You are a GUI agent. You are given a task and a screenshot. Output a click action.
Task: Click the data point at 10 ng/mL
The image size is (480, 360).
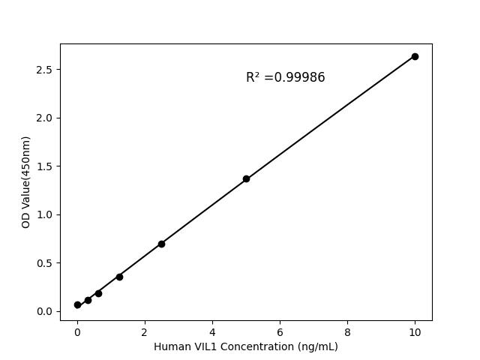click(415, 56)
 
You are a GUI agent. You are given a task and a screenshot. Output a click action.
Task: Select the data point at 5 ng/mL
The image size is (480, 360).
click(246, 178)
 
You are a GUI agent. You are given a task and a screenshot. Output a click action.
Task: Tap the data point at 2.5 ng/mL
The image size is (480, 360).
click(161, 244)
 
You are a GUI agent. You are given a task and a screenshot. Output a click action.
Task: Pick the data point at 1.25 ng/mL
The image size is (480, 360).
click(119, 277)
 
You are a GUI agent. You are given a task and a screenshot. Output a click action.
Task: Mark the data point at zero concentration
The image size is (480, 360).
click(77, 304)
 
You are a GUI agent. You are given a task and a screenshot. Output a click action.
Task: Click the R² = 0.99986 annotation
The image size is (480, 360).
click(286, 78)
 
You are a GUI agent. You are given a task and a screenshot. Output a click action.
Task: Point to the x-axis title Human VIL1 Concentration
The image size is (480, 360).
click(246, 346)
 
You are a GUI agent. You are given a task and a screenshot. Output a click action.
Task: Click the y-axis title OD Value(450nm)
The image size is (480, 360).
click(26, 182)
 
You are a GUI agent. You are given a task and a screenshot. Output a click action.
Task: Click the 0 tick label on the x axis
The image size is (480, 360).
click(77, 331)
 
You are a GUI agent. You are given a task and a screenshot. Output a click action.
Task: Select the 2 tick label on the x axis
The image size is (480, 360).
click(145, 331)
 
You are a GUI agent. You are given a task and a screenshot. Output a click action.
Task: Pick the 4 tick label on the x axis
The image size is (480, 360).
click(212, 331)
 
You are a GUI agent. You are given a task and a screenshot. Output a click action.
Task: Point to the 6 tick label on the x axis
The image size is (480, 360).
click(280, 331)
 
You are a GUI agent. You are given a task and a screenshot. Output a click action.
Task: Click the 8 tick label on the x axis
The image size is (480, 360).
click(347, 331)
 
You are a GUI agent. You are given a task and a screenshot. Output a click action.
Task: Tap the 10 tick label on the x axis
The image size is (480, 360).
click(415, 331)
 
